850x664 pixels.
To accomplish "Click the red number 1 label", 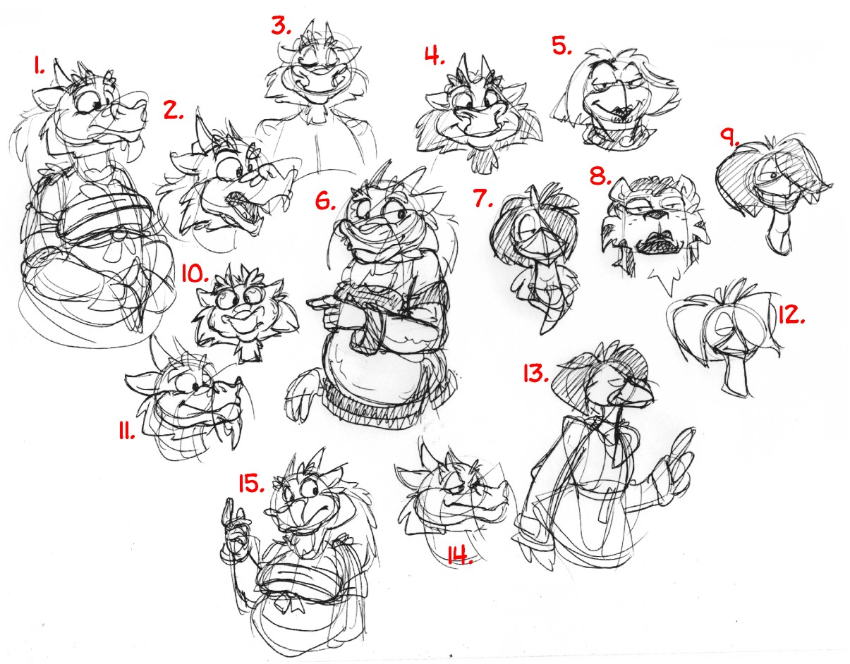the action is (x=39, y=66).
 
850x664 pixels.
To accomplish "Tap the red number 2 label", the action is (x=174, y=111).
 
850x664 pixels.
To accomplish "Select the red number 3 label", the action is (x=281, y=26).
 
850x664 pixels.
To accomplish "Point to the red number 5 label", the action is (x=561, y=46).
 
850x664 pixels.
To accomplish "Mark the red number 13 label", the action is (x=536, y=374).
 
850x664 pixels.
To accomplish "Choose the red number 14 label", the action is (x=460, y=555).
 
